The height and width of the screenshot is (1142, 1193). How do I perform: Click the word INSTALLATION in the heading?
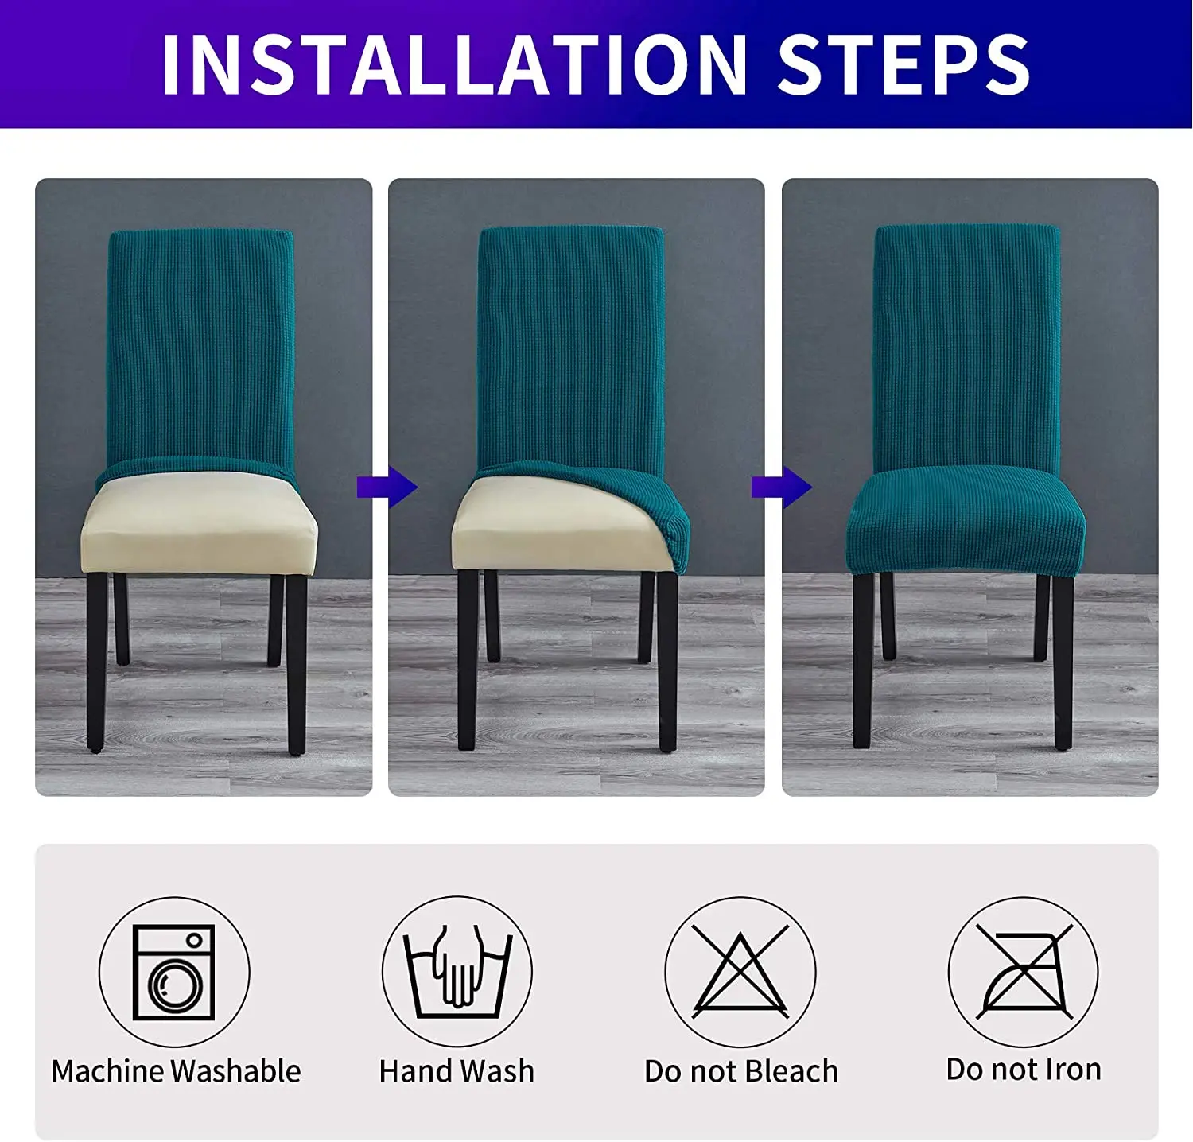454,64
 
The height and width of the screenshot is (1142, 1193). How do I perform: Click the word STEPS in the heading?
903,64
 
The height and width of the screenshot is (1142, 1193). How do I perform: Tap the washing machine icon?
174,972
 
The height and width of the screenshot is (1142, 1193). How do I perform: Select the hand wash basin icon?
457,971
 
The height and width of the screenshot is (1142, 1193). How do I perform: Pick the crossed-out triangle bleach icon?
740,971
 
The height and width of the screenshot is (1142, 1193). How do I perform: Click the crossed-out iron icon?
1024,971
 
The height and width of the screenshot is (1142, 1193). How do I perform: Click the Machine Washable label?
176,1071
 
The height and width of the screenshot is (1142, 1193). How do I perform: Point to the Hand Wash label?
457,1071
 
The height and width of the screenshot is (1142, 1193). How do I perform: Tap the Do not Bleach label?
741,1071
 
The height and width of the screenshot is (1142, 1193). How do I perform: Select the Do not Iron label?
1024,1070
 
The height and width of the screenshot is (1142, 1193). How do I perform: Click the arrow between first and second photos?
387,487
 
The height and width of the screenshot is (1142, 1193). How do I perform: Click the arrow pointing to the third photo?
781,487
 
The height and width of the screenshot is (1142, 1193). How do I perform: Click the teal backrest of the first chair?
200,350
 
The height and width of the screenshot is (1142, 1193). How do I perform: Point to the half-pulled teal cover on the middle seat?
628,501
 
